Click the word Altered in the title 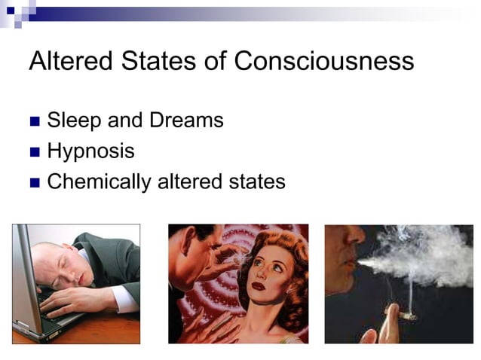pyautogui.click(x=63, y=61)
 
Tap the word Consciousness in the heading pyautogui.click(x=323, y=61)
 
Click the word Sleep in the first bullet pyautogui.click(x=72, y=121)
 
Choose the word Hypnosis pyautogui.click(x=90, y=151)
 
